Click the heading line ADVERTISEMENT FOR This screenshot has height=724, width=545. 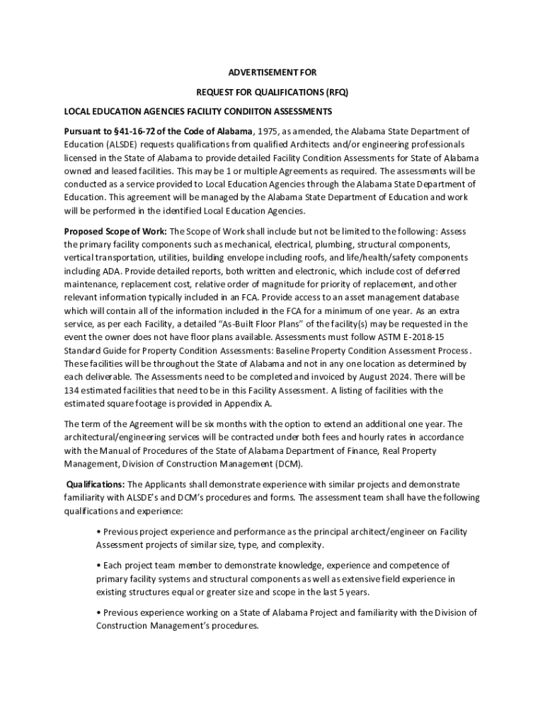click(x=272, y=72)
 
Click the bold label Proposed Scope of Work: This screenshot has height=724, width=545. click(x=116, y=231)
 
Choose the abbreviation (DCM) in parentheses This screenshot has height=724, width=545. click(x=288, y=464)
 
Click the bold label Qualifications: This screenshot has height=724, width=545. click(x=96, y=484)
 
